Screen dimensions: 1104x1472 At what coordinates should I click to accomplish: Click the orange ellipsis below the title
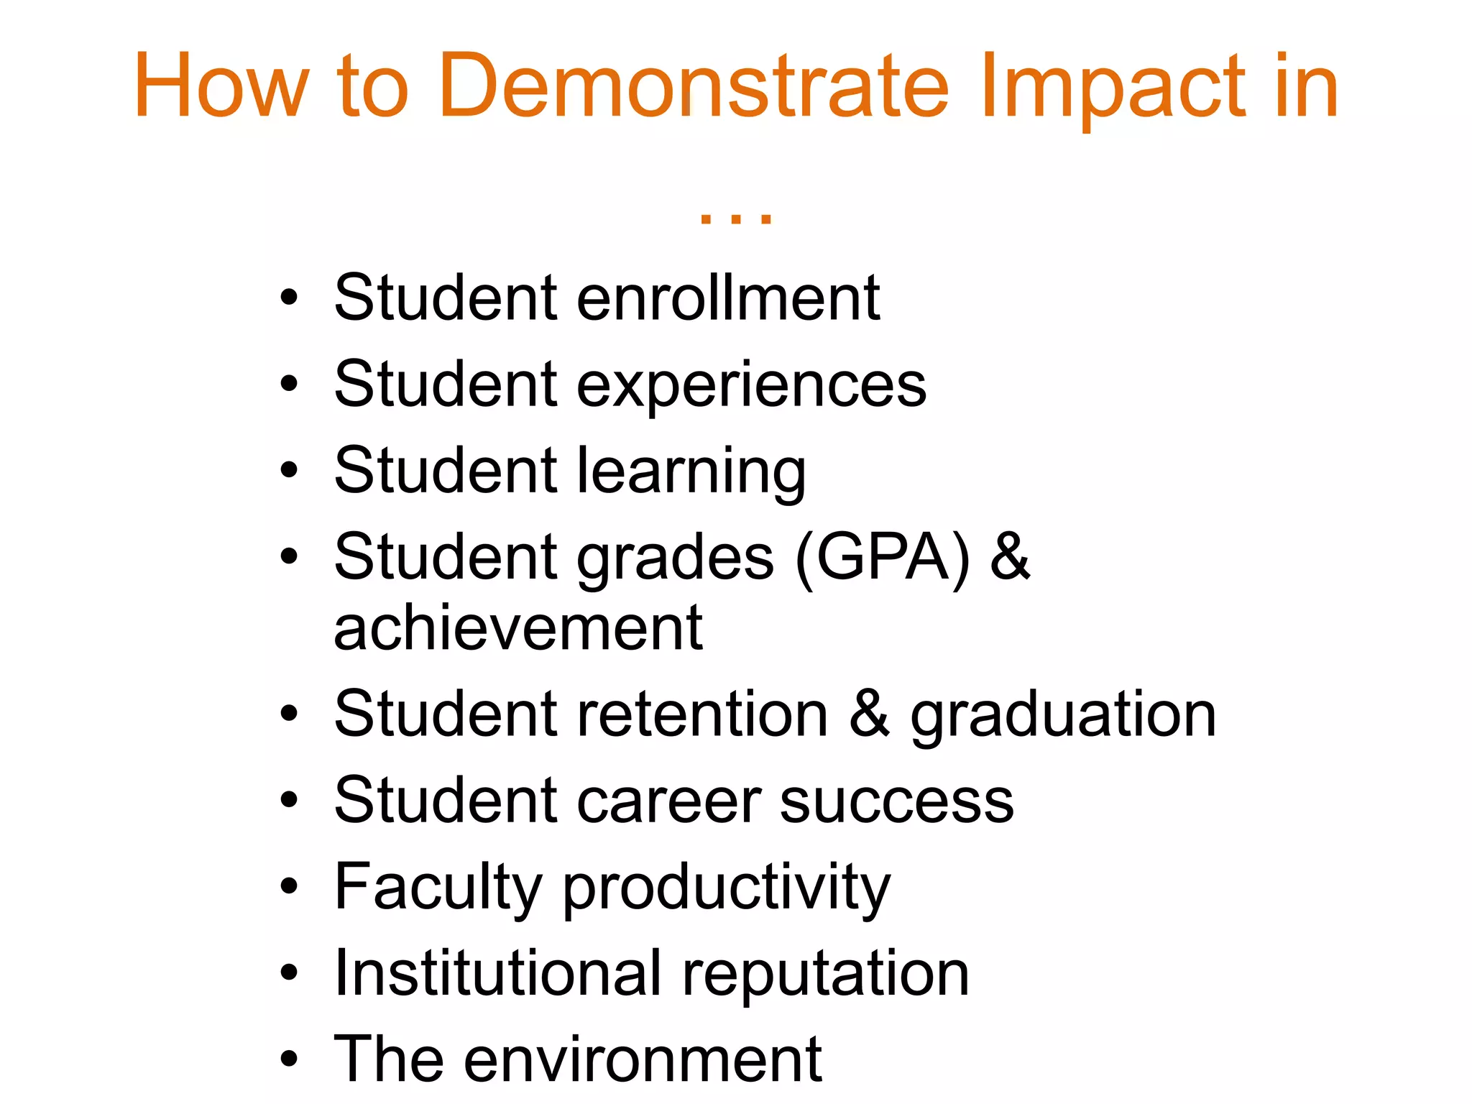tap(735, 218)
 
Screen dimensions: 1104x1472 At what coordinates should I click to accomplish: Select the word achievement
tap(518, 628)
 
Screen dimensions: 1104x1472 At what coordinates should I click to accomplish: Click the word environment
tap(643, 1059)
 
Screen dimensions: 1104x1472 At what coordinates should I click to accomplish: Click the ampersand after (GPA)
tap(1010, 556)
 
